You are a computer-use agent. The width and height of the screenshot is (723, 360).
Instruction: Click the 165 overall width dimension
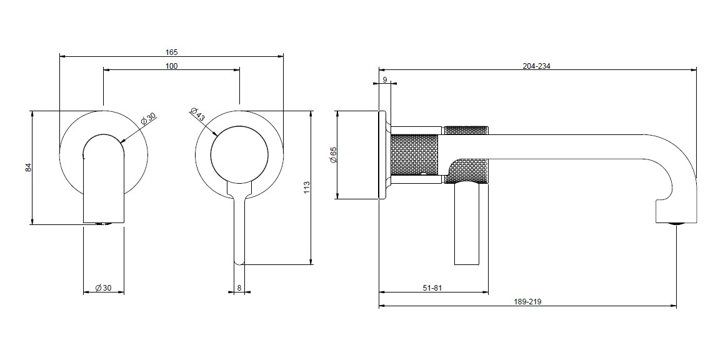[x=171, y=52]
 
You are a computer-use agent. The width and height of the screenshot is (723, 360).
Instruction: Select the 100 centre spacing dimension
[x=171, y=66]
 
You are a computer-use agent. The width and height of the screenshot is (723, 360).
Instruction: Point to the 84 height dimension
[x=27, y=167]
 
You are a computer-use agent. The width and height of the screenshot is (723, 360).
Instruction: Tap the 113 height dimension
[x=307, y=187]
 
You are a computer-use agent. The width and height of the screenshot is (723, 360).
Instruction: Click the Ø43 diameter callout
[x=197, y=114]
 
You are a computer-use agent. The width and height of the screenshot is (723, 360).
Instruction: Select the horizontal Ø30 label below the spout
[x=103, y=287]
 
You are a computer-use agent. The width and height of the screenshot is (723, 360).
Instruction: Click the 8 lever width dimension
[x=239, y=287]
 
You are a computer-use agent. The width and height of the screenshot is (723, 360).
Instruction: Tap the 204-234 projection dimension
[x=536, y=66]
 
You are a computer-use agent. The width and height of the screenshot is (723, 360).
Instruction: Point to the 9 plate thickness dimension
[x=384, y=80]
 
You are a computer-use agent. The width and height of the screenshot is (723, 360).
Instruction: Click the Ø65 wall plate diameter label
[x=334, y=154]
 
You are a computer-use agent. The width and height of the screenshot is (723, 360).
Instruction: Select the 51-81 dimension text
[x=432, y=287]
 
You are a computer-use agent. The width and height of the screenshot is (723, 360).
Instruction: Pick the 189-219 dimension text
[x=527, y=301]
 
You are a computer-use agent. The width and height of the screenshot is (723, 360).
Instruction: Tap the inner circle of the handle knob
[x=239, y=154]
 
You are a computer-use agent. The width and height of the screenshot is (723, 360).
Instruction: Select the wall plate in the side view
[x=382, y=155]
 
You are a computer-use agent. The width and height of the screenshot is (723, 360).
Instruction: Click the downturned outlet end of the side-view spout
[x=676, y=210]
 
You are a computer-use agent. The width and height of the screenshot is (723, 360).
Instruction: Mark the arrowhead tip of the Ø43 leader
[x=218, y=134]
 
